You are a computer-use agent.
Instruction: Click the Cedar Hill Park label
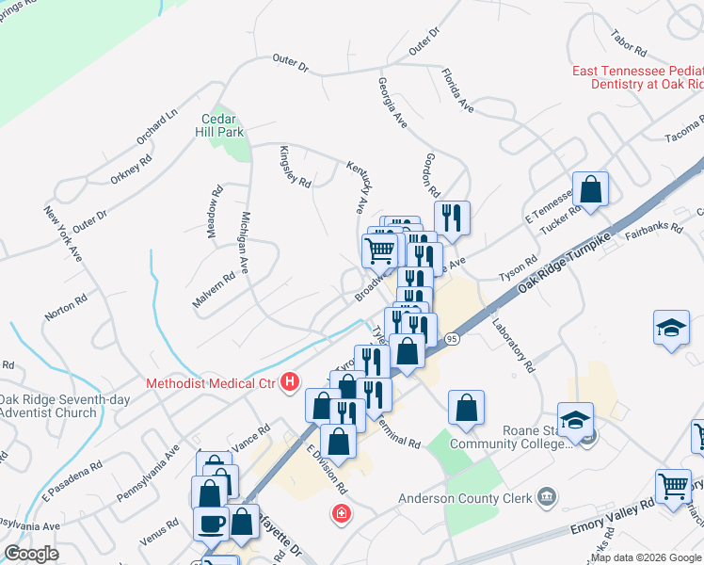pyautogui.click(x=223, y=125)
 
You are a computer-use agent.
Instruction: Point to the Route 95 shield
pyautogui.click(x=453, y=338)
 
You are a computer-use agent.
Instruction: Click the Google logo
pyautogui.click(x=32, y=554)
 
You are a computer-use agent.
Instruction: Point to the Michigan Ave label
pyautogui.click(x=244, y=243)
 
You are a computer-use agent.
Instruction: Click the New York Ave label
pyautogui.click(x=63, y=233)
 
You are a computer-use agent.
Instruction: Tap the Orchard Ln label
pyautogui.click(x=156, y=128)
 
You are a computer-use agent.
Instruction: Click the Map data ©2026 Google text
pyautogui.click(x=646, y=557)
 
